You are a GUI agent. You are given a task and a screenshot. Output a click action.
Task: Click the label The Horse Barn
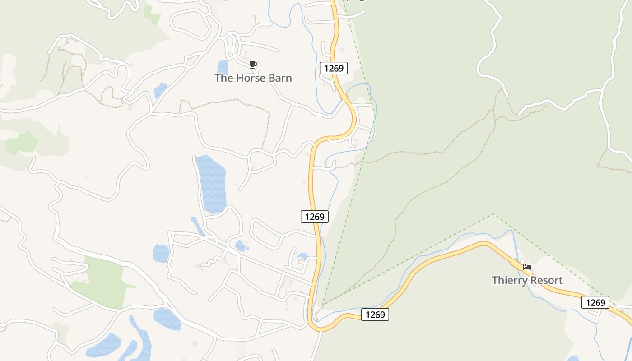point(253,78)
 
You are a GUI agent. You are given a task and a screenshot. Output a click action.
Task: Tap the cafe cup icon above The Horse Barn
point(253,65)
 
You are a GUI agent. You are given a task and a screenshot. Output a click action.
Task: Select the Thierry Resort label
point(527,280)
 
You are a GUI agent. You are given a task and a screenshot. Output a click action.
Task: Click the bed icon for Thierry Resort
point(527,267)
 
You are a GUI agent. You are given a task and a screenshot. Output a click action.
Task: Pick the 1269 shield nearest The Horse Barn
point(334,68)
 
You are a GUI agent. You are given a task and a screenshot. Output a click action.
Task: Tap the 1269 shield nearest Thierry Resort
point(595,302)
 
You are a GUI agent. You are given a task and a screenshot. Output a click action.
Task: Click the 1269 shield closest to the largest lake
point(315,217)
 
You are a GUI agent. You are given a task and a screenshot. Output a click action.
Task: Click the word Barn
point(281,78)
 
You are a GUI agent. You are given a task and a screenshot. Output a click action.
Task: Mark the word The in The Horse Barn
point(223,78)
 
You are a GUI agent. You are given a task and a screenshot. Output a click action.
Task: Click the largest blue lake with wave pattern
point(211,183)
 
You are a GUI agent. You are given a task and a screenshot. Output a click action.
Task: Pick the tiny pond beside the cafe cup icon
point(223,67)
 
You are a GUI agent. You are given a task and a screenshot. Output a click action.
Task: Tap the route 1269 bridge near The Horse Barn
point(344,96)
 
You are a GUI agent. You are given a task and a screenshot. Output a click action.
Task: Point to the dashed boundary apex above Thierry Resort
point(493,214)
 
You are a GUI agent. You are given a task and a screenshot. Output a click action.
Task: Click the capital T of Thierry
point(495,280)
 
